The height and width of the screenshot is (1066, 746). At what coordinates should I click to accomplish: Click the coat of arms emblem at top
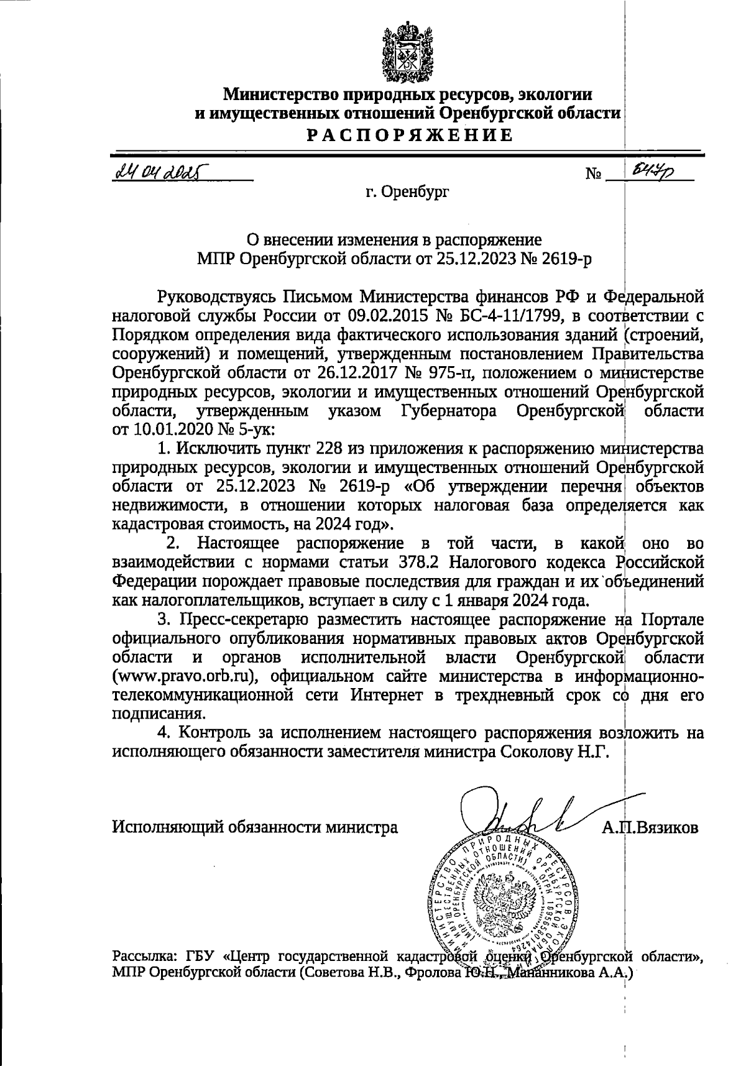[407, 52]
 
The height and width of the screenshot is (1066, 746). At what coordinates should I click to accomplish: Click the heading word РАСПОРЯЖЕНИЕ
[408, 135]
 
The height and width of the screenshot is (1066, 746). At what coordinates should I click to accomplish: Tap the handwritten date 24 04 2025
[161, 170]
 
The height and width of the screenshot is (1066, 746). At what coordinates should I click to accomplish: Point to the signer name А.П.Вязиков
[650, 828]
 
